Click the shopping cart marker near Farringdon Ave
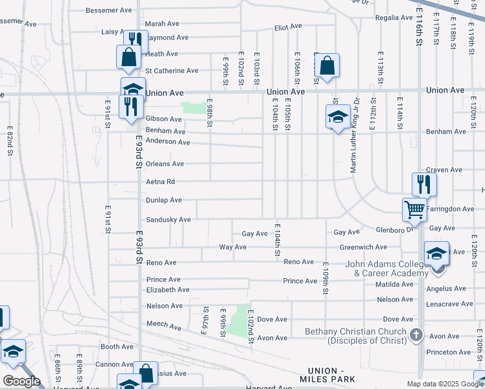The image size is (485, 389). point(414,209)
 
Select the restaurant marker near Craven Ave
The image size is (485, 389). point(424,184)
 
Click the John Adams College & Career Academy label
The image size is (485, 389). point(386,268)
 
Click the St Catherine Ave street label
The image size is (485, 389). point(172,71)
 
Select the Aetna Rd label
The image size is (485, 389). point(160,182)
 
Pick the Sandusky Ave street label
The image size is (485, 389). point(168,220)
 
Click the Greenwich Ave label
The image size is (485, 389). point(363,247)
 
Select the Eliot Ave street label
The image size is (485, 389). point(289,27)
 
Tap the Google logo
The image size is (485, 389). point(22,381)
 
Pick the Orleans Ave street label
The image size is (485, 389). point(165,164)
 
